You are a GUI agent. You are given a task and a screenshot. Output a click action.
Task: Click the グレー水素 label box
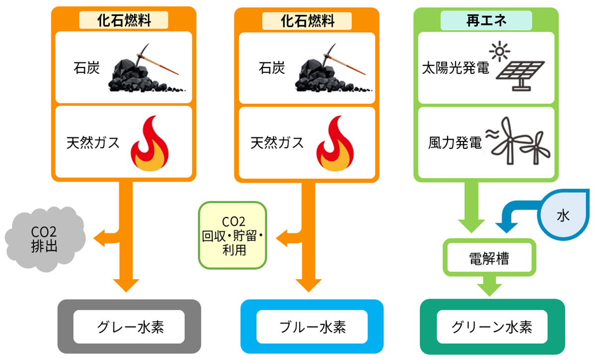point(129,327)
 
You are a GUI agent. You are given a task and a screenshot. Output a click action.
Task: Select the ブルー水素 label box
point(312,327)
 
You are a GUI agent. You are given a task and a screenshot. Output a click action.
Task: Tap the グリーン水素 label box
point(492,327)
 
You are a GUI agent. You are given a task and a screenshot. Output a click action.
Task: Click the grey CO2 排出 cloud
point(45,238)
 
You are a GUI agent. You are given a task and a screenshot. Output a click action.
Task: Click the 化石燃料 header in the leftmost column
point(124,20)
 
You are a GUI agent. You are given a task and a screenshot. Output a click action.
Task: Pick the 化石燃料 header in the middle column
point(308,20)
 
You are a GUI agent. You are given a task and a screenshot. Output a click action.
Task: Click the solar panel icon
point(519,67)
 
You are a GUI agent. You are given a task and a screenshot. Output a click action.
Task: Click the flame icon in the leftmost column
point(150,144)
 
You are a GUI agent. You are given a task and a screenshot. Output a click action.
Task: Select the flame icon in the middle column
point(334,144)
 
